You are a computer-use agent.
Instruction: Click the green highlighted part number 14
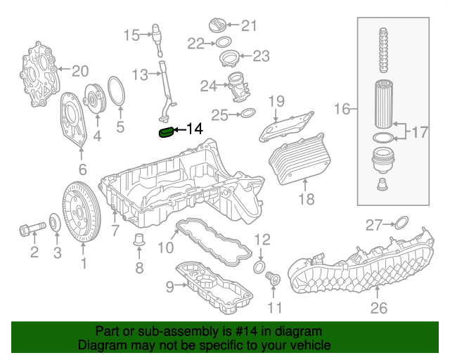point(167,132)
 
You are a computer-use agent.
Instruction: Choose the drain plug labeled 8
point(139,241)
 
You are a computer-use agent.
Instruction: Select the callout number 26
point(379,307)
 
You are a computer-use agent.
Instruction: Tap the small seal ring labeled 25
point(247,114)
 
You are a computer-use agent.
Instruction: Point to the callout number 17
point(419,131)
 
